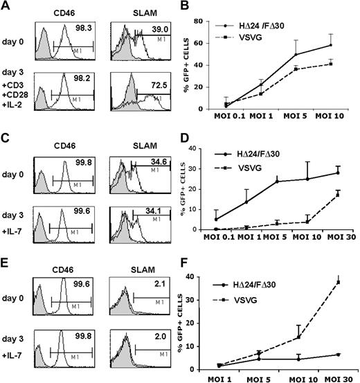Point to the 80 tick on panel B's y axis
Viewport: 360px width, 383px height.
(211, 21)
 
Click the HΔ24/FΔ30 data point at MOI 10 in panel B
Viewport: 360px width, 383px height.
(337, 45)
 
